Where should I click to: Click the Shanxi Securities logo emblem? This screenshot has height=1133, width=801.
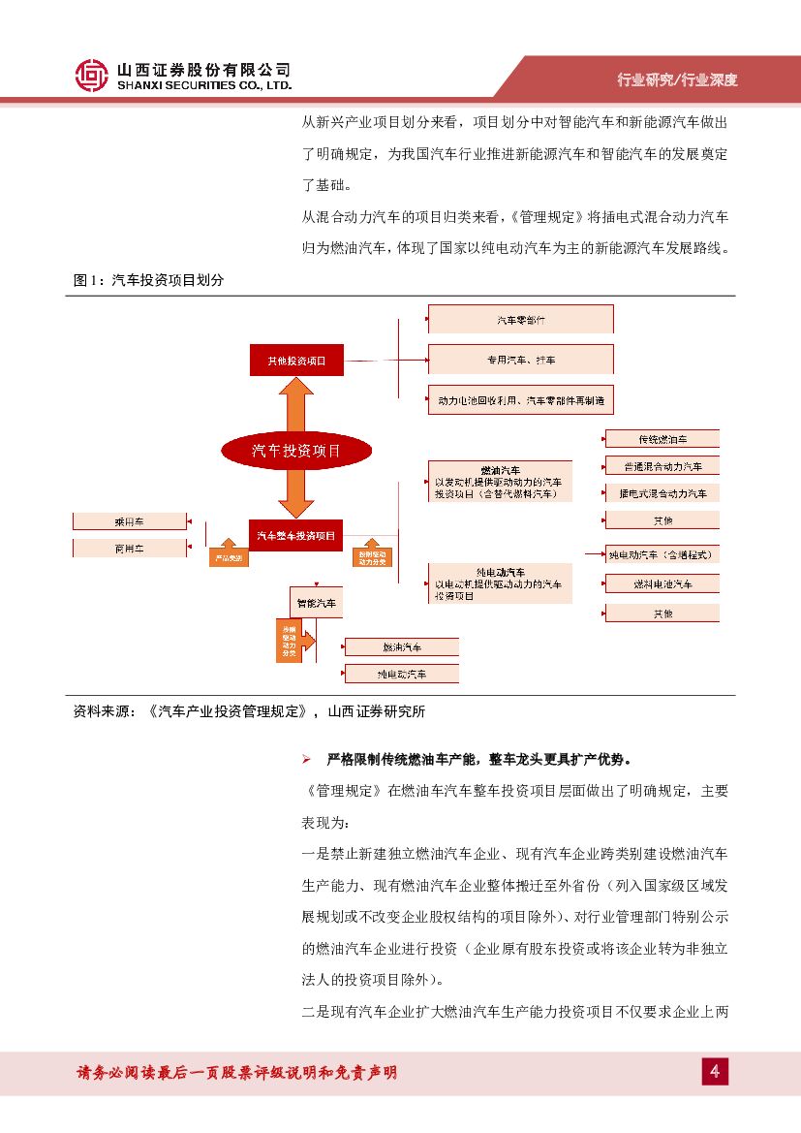[x=92, y=75]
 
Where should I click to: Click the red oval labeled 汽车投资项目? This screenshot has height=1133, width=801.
[x=296, y=450]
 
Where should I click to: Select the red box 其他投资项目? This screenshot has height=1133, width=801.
[x=296, y=361]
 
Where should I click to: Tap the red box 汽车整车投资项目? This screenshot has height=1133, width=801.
[x=296, y=534]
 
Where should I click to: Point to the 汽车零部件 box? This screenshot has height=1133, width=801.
[x=520, y=319]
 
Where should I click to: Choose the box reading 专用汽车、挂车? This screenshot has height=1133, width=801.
[x=520, y=360]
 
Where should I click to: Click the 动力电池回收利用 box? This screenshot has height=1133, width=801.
[x=520, y=399]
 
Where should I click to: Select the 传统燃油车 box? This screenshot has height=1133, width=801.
[x=662, y=439]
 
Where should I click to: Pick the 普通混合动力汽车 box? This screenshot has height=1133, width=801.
[x=662, y=466]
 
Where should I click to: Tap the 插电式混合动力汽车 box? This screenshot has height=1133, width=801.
[x=662, y=493]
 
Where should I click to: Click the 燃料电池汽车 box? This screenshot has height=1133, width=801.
[x=662, y=584]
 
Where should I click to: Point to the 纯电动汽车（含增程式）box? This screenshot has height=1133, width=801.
[x=662, y=555]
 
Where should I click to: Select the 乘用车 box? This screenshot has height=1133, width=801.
[x=130, y=521]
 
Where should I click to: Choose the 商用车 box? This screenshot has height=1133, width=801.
[x=130, y=549]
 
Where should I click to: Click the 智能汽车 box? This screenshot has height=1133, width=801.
[x=317, y=602]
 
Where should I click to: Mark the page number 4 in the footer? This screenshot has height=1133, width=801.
[x=715, y=1071]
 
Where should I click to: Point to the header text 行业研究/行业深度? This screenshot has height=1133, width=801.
[x=677, y=79]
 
